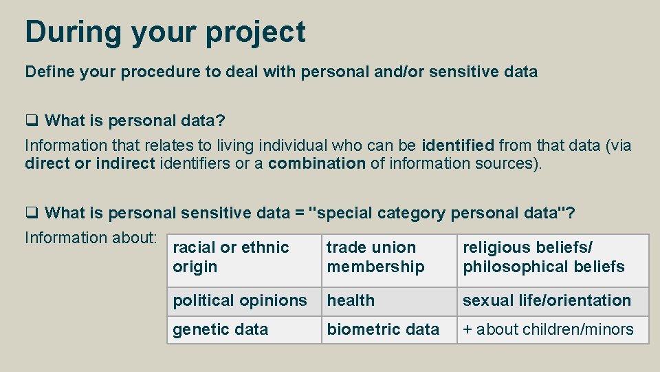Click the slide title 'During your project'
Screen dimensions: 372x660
[x=165, y=32]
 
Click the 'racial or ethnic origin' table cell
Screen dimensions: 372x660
[x=231, y=257]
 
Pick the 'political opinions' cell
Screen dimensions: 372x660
[x=240, y=300]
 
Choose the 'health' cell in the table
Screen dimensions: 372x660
[x=351, y=300]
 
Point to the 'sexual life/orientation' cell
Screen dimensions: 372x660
[x=547, y=300]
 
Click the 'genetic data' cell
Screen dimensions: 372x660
[x=220, y=329]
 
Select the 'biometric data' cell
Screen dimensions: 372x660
[x=383, y=329]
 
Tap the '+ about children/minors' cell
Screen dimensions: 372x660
[x=548, y=329]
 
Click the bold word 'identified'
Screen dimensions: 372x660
[x=458, y=145]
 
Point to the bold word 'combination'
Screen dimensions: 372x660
[x=317, y=163]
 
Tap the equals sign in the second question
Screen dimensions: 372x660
[x=300, y=214]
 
